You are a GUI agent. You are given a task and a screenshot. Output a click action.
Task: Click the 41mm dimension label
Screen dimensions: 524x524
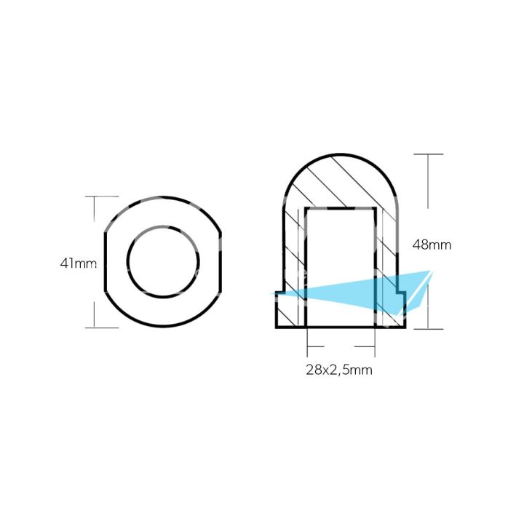coord(78,263)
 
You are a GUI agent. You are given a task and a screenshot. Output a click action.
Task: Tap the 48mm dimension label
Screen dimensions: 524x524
coord(431,245)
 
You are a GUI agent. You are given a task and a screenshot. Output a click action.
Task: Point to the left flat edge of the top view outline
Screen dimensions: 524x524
coord(106,261)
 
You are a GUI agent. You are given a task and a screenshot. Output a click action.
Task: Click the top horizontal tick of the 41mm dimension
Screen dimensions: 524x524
coord(101,196)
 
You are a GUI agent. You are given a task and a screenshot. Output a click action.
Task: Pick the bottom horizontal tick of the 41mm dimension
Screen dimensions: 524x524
coord(101,327)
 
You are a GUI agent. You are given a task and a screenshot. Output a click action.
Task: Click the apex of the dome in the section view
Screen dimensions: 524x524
coord(341,154)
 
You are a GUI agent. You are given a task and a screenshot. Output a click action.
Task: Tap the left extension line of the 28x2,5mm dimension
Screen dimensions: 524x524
coord(308,342)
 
